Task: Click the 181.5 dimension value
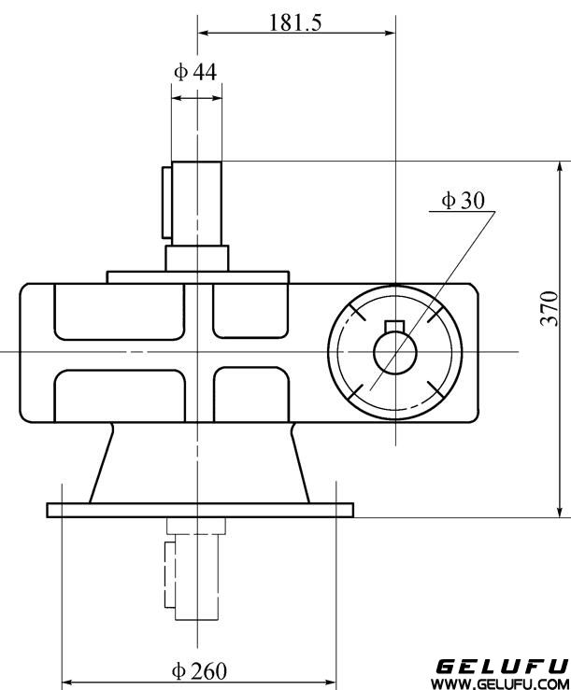(x=295, y=22)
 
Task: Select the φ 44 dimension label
(x=196, y=71)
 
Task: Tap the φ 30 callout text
(x=464, y=200)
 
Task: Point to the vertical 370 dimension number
(x=550, y=308)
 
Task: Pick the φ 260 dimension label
(x=200, y=670)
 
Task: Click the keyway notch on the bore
(x=394, y=326)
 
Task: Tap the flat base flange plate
(x=200, y=509)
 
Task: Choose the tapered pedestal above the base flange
(x=200, y=462)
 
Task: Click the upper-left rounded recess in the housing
(x=118, y=310)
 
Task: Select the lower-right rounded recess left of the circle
(x=250, y=393)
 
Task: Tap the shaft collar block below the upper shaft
(x=197, y=257)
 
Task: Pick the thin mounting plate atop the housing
(x=198, y=276)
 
